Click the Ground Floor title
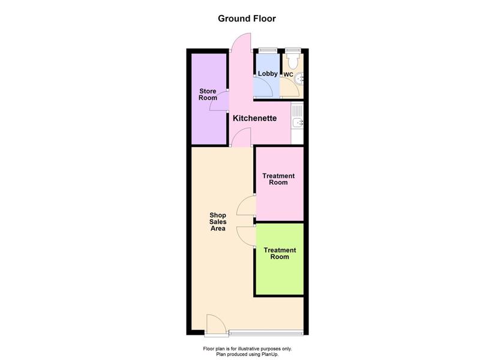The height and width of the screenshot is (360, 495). pos(247,19)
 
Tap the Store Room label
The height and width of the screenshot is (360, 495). pos(208,94)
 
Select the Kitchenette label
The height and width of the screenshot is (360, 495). pos(255,118)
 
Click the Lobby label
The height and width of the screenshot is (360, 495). pos(268,74)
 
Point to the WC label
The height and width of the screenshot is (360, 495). pos(289,75)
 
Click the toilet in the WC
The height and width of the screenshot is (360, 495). pos(293,61)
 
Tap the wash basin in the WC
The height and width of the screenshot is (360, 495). pos(299,79)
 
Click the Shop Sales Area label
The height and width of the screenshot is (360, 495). pos(218,221)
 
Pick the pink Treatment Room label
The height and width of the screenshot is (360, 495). pos(278,179)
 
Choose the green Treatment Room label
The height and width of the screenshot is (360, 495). pos(280,253)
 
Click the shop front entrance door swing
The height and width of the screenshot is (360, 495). pos(216,323)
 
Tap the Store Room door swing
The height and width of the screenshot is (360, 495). pos(219,101)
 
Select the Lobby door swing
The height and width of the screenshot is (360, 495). pos(264,86)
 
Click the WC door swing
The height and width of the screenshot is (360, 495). pos(290,87)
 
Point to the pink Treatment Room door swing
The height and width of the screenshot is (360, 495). pos(246,206)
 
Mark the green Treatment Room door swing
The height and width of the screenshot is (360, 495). pos(246,236)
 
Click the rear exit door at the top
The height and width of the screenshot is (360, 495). pos(241,43)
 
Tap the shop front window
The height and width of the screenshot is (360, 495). pos(266,332)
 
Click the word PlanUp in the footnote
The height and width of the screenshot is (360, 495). pos(269,355)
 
